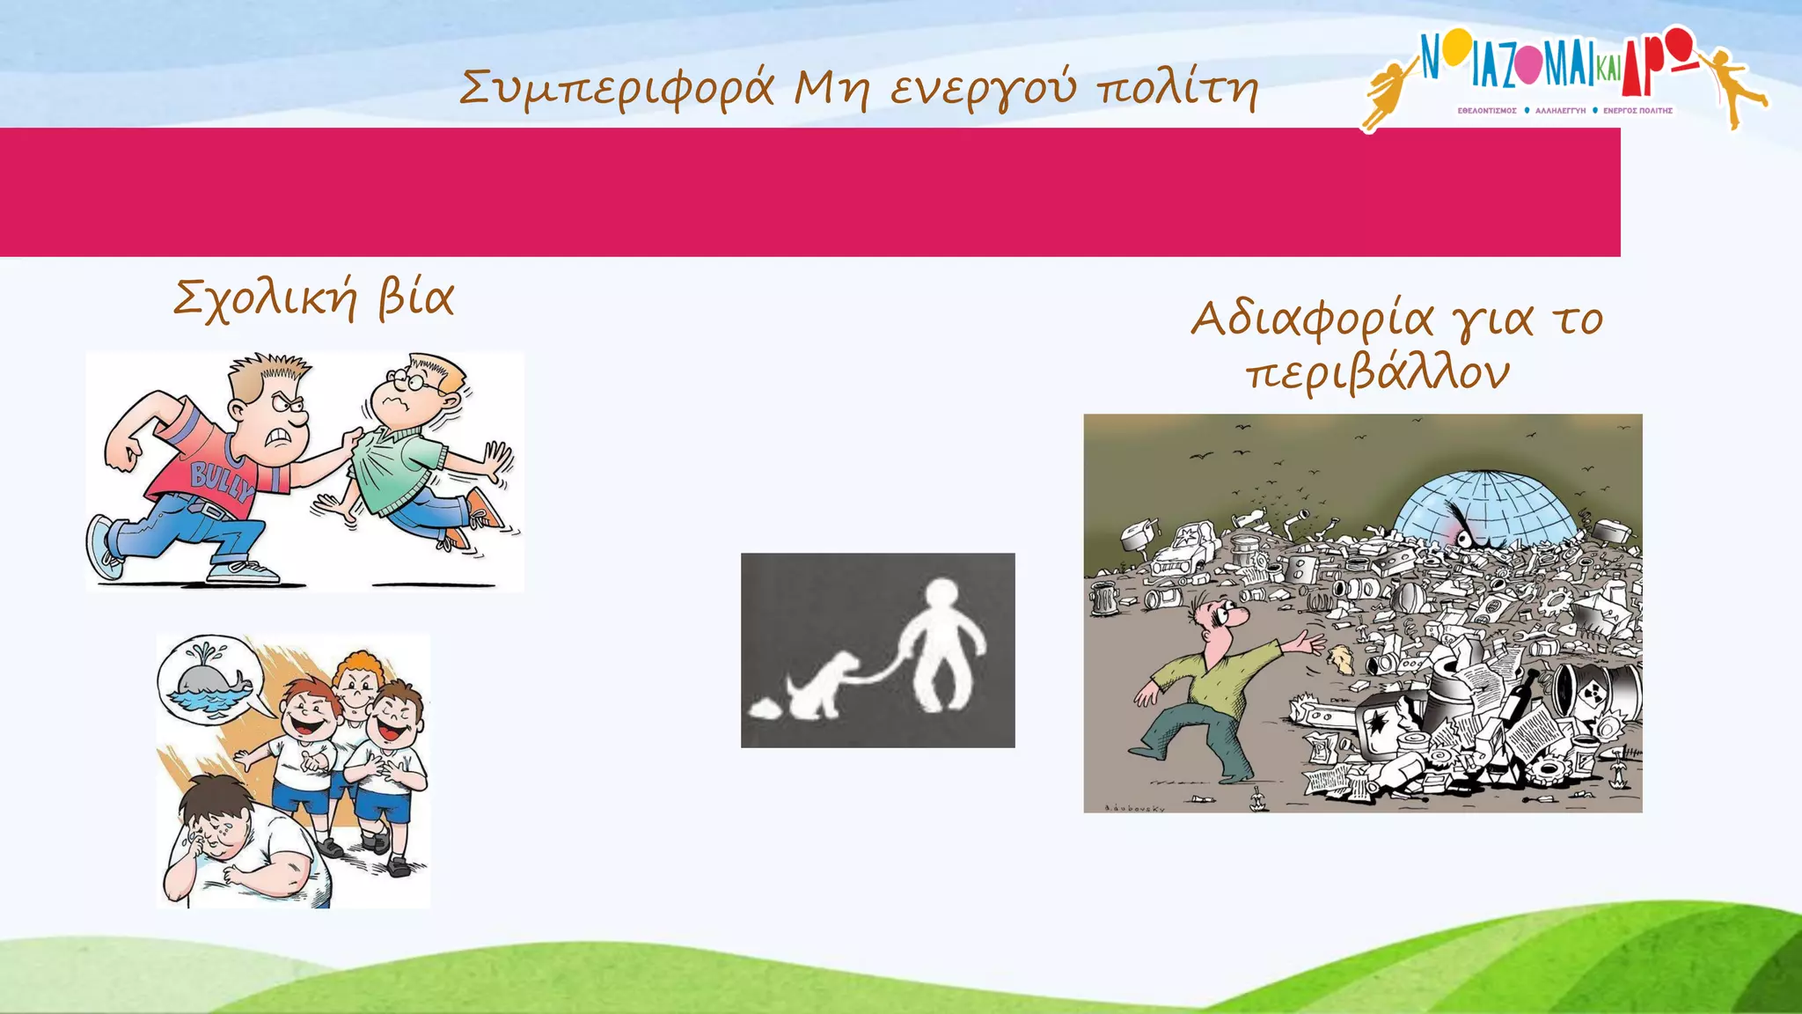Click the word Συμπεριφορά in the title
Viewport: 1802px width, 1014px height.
click(x=617, y=88)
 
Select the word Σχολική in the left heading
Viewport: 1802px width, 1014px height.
click(x=265, y=298)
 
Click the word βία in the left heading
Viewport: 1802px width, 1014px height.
click(x=416, y=298)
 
